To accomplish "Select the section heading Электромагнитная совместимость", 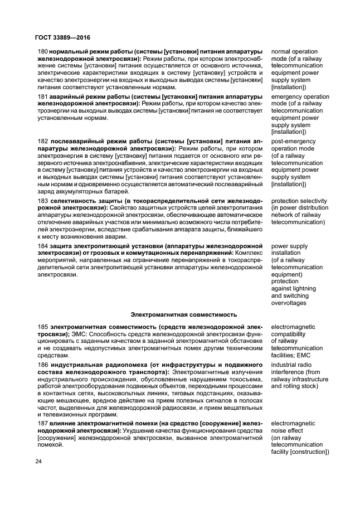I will click(183, 314).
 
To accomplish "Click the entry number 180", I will click(43, 52).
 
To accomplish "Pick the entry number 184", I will click(43, 246).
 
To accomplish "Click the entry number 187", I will click(43, 424).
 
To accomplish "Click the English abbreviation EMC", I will click(306, 355).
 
